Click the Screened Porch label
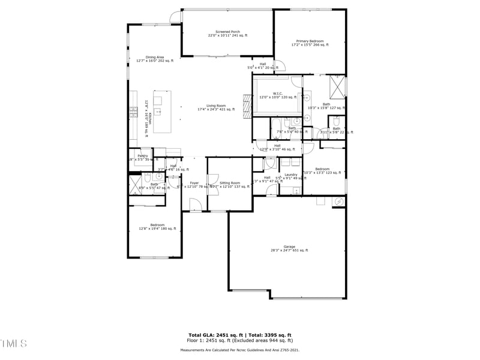(x=227, y=33)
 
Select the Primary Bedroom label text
(x=310, y=43)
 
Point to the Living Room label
(x=216, y=107)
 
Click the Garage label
(x=289, y=248)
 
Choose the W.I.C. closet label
(x=277, y=95)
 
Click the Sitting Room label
(x=229, y=184)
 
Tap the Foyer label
(x=194, y=184)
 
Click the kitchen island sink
(x=159, y=112)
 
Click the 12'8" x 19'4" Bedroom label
(x=157, y=226)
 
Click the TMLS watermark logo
(x=14, y=343)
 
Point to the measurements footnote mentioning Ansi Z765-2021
(x=240, y=350)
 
